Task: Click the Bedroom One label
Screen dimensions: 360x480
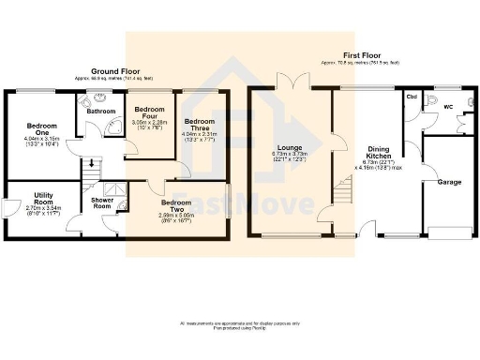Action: click(42, 129)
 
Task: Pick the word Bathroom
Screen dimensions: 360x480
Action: click(101, 112)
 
